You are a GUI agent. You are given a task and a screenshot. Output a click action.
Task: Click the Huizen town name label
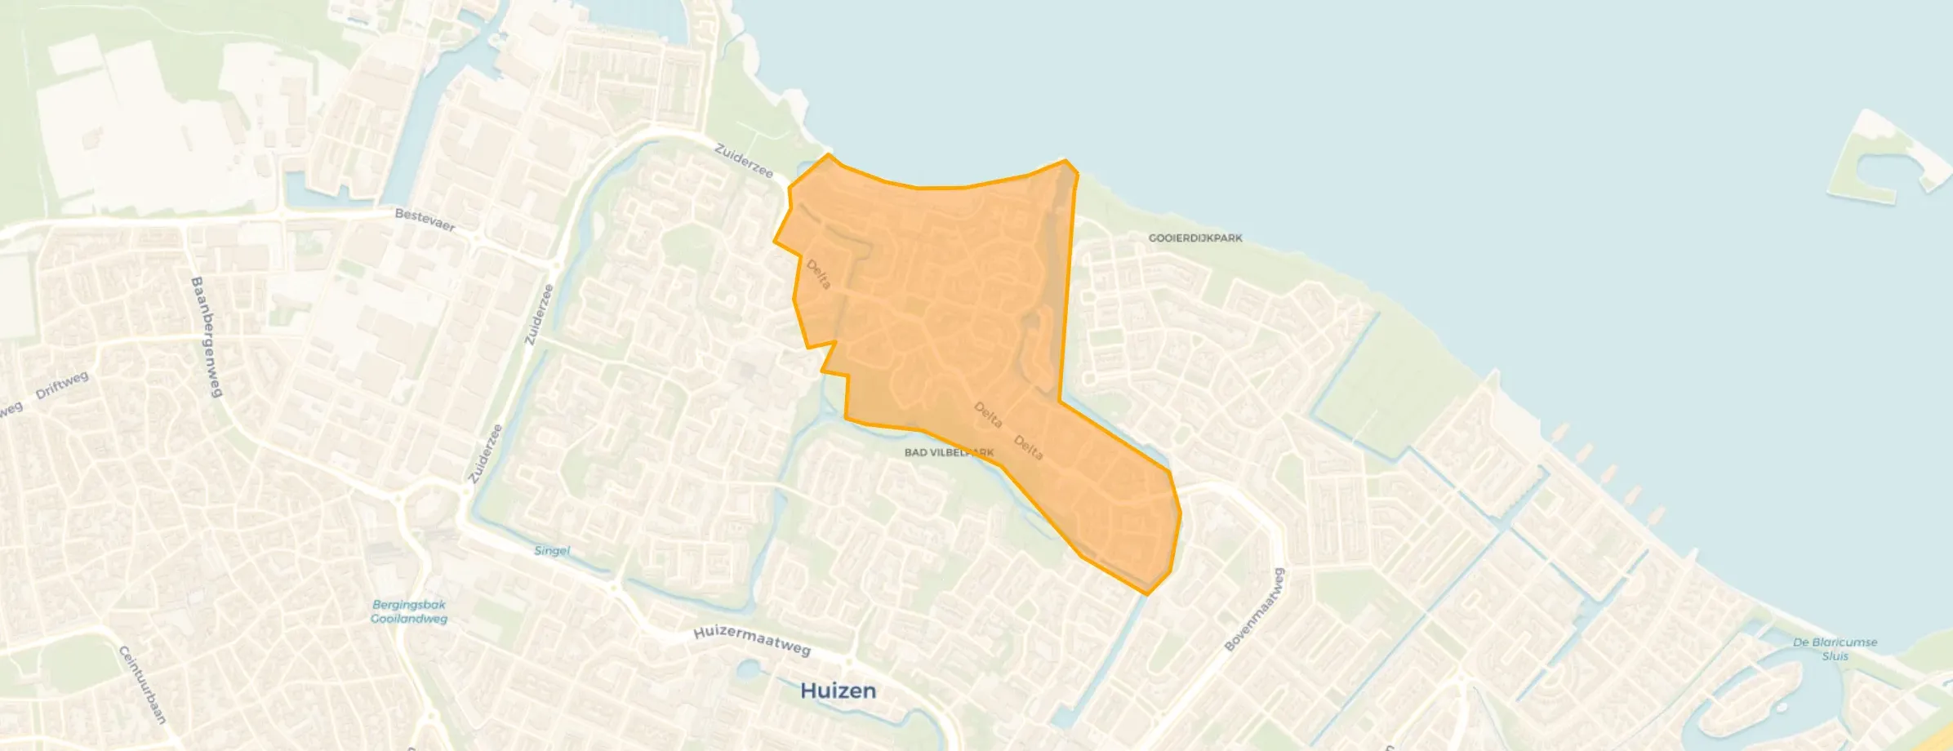point(838,691)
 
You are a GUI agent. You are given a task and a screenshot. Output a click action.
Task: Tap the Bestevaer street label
point(425,220)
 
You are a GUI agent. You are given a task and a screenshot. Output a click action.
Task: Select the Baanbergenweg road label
point(207,336)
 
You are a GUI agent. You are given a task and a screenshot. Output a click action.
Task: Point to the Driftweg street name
point(62,384)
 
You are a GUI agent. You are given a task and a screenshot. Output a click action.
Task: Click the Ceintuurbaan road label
point(143,684)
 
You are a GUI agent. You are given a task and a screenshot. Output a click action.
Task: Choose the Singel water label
point(552,550)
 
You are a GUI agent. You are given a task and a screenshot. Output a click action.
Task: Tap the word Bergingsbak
point(409,605)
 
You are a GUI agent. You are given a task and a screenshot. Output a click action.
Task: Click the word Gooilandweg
point(409,619)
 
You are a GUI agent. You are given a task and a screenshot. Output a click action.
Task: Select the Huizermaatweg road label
point(751,641)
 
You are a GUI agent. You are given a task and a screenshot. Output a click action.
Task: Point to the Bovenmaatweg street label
point(1255,609)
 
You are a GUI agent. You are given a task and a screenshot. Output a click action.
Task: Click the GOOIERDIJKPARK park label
point(1195,238)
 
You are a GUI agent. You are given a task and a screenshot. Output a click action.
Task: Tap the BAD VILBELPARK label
point(949,452)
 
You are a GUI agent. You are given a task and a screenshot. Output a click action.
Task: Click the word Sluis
point(1835,656)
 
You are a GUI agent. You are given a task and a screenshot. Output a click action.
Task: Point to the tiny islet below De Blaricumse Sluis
point(1781,707)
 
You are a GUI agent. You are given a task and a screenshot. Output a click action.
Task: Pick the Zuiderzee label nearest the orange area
point(744,160)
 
